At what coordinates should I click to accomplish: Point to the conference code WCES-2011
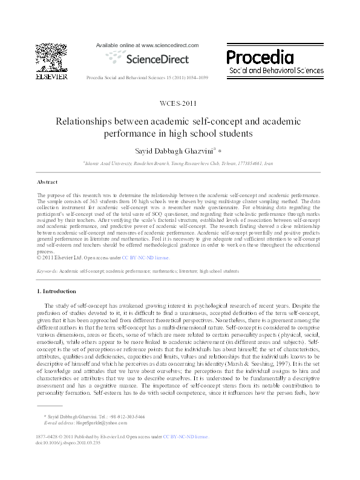coord(179,103)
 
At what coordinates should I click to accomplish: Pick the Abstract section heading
coord(47,181)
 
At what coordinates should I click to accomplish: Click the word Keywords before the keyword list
coord(47,271)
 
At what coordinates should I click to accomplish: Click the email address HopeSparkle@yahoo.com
coord(97,423)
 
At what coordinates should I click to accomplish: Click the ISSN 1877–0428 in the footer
coord(47,436)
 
